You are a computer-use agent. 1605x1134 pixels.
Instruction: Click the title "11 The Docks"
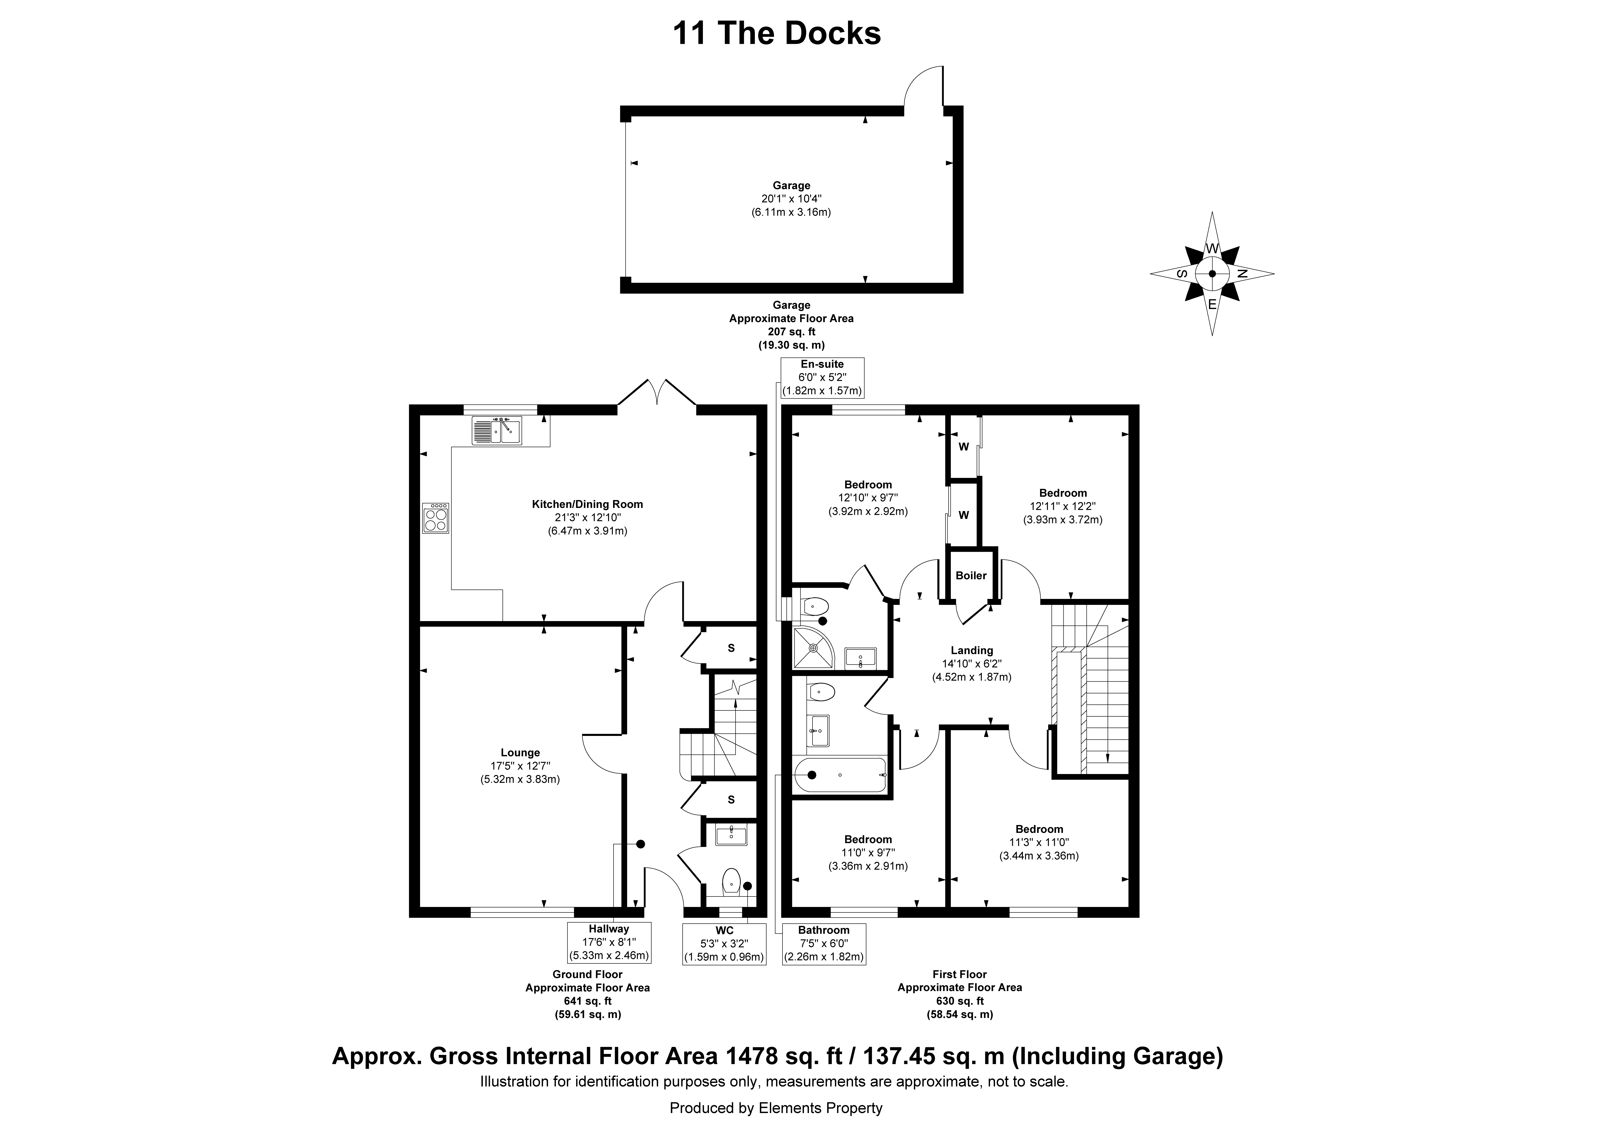(x=777, y=34)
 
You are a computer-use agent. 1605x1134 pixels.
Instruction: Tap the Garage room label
(x=791, y=185)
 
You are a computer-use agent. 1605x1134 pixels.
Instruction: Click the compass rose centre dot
(x=1212, y=274)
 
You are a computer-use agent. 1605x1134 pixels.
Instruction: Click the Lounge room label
(x=520, y=752)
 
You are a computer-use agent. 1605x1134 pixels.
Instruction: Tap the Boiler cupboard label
(x=971, y=575)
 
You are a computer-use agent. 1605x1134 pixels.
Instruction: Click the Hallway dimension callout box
(x=609, y=942)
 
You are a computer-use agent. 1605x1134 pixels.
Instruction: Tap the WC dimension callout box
(x=724, y=944)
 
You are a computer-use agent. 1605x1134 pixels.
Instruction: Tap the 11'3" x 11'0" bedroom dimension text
(x=1040, y=842)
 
